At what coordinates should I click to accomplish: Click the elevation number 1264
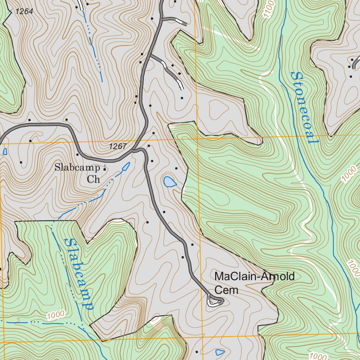point(24,12)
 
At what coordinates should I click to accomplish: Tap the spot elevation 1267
point(117,147)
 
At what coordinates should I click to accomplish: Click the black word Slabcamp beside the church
point(77,168)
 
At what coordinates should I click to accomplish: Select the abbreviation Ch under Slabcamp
point(94,180)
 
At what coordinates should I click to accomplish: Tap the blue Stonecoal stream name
point(304,108)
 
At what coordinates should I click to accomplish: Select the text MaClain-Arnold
point(254,277)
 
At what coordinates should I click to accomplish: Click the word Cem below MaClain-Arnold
point(226,290)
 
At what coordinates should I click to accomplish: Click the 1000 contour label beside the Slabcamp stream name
point(56,315)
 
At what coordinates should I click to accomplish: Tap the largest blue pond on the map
point(169,182)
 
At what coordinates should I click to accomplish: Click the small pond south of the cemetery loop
point(220,352)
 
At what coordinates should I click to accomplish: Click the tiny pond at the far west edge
point(5,152)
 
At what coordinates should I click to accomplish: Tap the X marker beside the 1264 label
point(10,12)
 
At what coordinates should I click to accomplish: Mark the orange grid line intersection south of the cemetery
point(203,337)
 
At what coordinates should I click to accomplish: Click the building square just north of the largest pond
point(176,169)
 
